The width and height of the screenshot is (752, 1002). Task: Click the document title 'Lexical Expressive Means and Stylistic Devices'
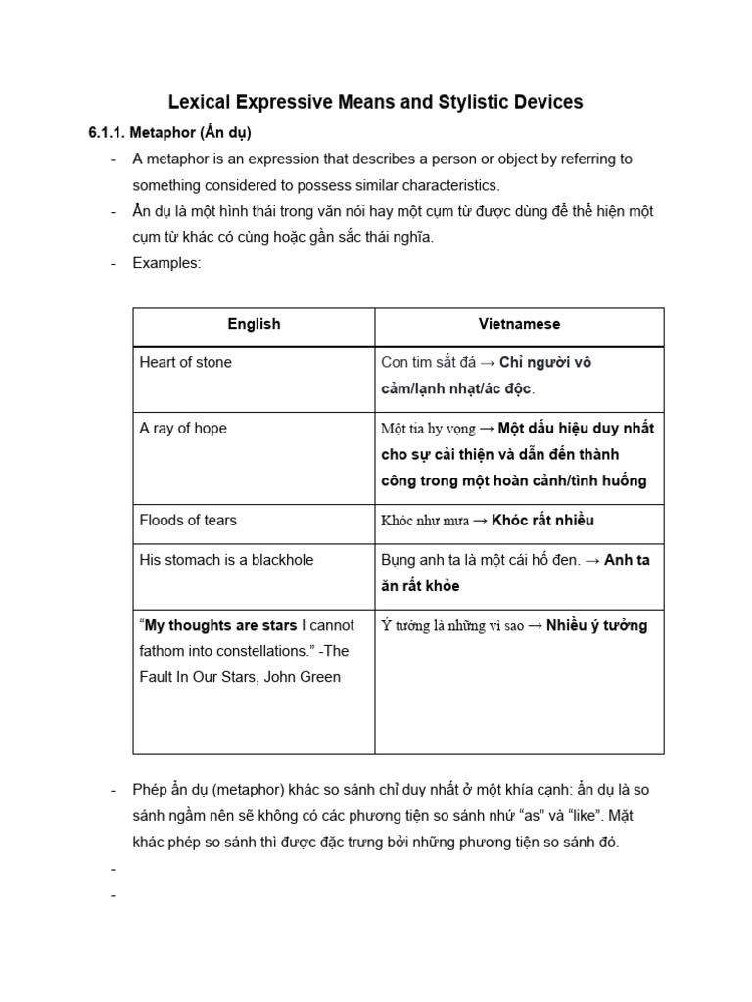pos(375,101)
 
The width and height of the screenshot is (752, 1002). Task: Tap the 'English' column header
pos(254,324)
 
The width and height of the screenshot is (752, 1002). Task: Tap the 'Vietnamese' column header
pos(519,324)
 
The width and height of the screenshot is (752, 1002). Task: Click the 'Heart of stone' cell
pos(186,362)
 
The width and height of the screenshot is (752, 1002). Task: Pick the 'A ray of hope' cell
pos(183,428)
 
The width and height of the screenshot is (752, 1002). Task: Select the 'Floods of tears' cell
pos(188,520)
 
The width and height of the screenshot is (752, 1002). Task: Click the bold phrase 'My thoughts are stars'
pos(221,625)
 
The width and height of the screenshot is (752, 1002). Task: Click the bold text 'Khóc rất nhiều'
pos(542,521)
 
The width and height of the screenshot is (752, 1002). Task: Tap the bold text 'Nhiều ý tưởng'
pos(596,626)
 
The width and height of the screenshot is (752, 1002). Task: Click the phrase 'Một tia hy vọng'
pos(428,429)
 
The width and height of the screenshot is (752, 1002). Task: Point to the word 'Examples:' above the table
pos(166,263)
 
